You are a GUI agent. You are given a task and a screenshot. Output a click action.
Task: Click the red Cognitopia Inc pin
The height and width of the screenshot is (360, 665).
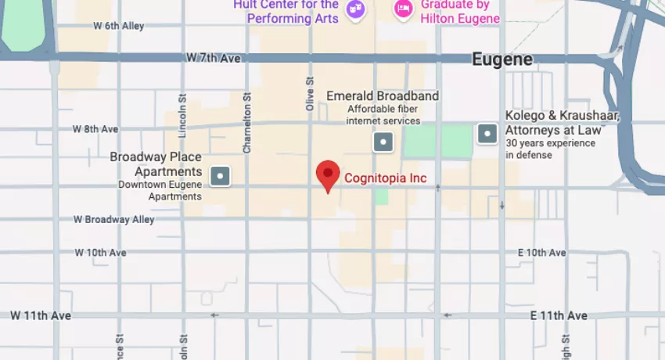pos(328,175)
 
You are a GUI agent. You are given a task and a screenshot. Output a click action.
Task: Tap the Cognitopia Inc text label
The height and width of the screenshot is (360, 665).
pos(386,178)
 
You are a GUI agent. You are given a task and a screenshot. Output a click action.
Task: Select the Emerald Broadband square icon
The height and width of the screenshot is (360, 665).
pos(383,142)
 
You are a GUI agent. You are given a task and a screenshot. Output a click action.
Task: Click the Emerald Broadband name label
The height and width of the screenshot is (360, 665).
pos(383,96)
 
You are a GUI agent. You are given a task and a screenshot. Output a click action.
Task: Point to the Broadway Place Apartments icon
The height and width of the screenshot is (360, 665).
pos(221,176)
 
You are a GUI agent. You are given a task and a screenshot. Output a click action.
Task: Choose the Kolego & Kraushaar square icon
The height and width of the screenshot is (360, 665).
pos(488,134)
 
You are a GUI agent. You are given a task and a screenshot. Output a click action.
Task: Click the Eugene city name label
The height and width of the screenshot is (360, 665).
pos(502,59)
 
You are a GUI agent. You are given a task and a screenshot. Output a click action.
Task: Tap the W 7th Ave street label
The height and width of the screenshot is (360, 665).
pos(214,58)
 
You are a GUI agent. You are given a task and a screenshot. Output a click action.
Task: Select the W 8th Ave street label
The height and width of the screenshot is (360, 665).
pos(95,128)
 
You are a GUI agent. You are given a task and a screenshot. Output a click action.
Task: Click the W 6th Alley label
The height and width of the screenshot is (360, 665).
pos(118,26)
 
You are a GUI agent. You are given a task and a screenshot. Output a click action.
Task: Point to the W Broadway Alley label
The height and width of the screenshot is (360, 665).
pos(114,220)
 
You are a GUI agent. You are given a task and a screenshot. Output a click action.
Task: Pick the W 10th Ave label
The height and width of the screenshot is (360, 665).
pos(100,253)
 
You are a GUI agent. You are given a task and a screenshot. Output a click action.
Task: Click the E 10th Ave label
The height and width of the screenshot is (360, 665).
pos(541,253)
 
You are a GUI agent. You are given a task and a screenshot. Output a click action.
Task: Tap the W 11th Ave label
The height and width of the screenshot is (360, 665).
pos(41,315)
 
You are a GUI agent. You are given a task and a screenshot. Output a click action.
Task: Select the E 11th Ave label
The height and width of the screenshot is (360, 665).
pos(559,315)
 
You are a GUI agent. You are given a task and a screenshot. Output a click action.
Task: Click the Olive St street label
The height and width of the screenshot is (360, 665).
pos(311,92)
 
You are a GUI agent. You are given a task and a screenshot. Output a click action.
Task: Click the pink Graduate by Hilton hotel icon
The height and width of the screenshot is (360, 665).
pos(403,9)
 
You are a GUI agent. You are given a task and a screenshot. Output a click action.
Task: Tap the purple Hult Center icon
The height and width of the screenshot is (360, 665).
pos(356,9)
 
